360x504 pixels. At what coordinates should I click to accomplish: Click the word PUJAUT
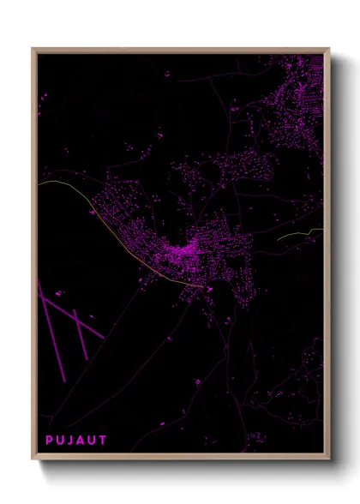tap(76, 441)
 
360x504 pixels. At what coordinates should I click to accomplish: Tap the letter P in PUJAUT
tap(49, 441)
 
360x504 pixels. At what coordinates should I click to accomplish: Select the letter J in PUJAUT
tap(71, 441)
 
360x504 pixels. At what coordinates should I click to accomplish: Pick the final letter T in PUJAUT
tap(104, 441)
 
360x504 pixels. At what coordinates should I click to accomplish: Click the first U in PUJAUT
tap(60, 441)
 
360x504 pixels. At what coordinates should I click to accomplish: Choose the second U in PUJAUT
tap(93, 441)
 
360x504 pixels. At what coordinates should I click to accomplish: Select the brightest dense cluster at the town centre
tap(182, 253)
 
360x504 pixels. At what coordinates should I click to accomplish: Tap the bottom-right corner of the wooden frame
tap(330, 459)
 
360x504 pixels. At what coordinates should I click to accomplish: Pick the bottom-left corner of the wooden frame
tap(33, 459)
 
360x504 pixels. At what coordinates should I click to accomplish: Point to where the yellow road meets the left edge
tap(39, 182)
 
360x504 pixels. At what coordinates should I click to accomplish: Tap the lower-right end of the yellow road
tap(204, 287)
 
